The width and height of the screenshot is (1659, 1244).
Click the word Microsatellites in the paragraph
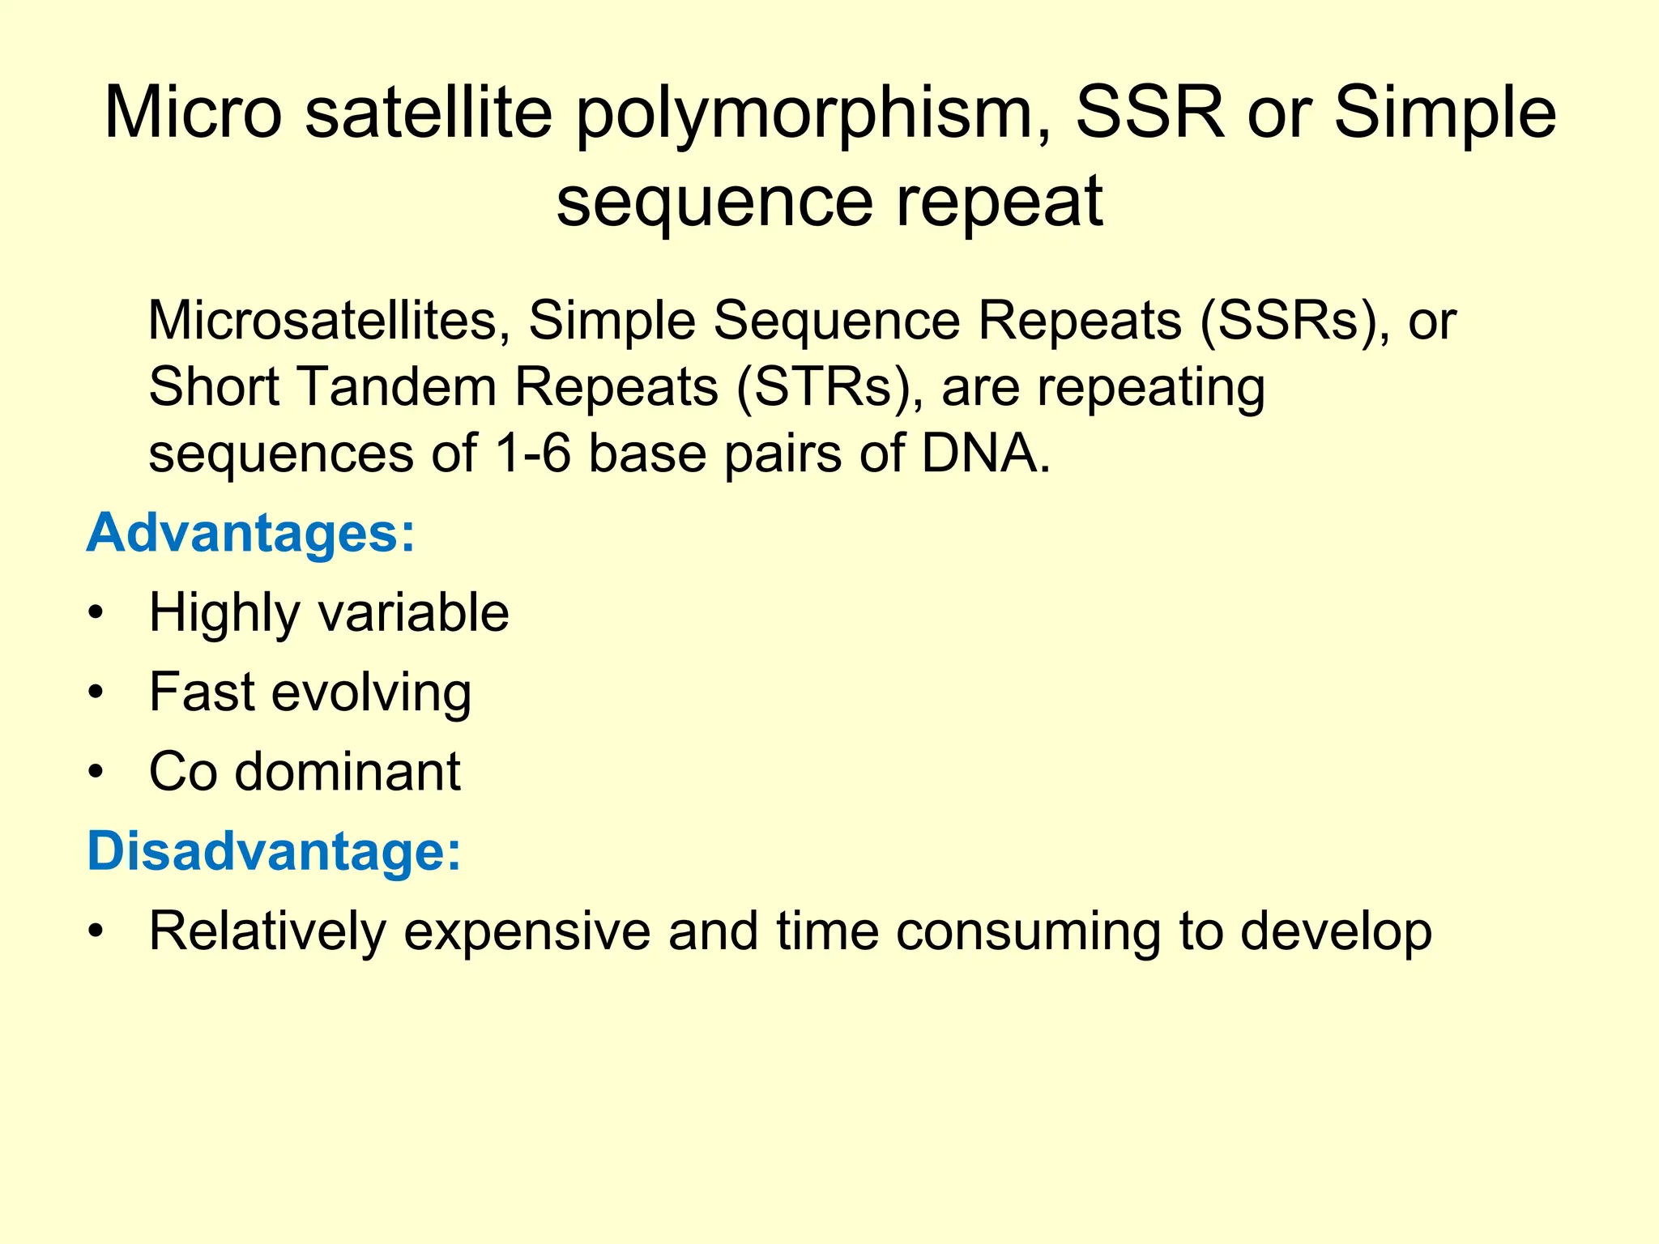pos(329,320)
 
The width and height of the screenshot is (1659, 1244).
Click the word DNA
pos(985,453)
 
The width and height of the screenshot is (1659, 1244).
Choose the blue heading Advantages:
pos(250,534)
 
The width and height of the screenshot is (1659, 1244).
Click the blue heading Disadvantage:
pos(274,852)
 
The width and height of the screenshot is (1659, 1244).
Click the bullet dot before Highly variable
pos(96,613)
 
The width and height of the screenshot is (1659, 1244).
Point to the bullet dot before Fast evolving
pos(96,692)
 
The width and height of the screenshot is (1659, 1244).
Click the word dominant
pos(348,771)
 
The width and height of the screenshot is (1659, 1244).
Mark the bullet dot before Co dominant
pos(96,772)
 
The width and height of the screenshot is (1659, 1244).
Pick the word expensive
pos(527,931)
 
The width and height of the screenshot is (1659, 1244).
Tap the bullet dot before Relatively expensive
pos(96,932)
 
